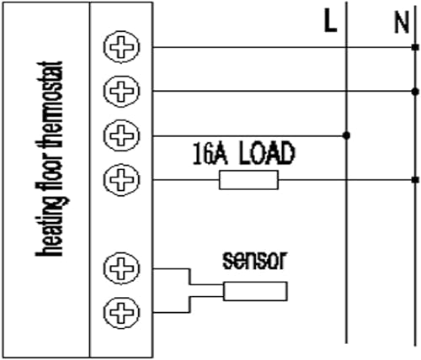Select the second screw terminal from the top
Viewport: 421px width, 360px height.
(x=121, y=90)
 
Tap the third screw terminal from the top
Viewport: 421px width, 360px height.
(x=121, y=135)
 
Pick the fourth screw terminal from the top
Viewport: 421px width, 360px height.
(x=121, y=178)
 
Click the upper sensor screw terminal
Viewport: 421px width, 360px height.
(x=121, y=270)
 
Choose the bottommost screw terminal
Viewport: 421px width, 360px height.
(x=121, y=314)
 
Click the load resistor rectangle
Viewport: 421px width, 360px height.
(x=248, y=179)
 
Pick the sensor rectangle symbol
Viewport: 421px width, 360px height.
(x=255, y=291)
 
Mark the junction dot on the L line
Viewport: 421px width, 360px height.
(x=347, y=135)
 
